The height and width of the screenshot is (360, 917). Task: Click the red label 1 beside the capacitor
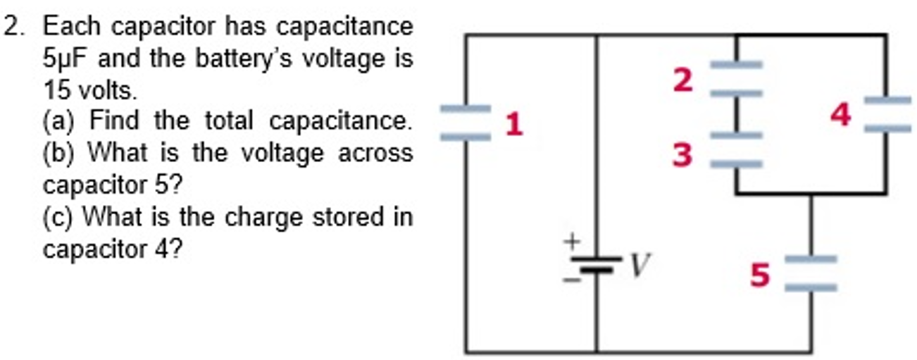(x=514, y=125)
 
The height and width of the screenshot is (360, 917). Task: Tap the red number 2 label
(x=682, y=80)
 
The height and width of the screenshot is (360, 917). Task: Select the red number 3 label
(x=682, y=154)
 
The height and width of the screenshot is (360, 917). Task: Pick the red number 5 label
(x=759, y=275)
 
